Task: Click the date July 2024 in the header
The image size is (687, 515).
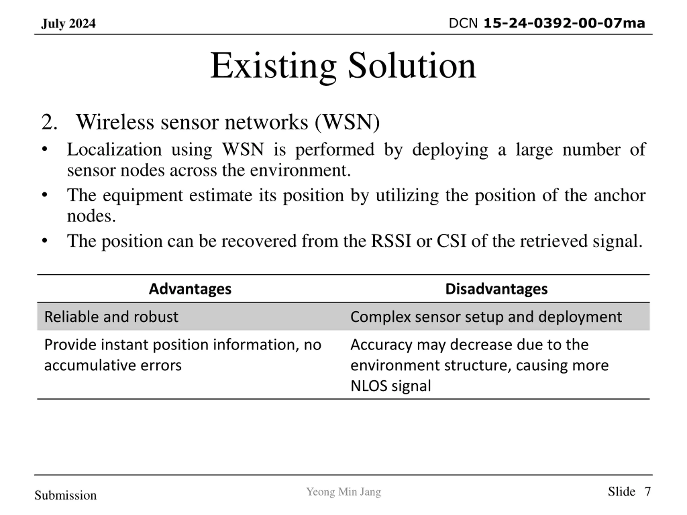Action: pyautogui.click(x=68, y=24)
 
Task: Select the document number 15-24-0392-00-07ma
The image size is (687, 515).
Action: pyautogui.click(x=564, y=23)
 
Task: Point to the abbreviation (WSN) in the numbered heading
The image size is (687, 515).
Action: pyautogui.click(x=347, y=122)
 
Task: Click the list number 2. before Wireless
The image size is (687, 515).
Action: pyautogui.click(x=49, y=122)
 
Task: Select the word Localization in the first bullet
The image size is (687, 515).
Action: pyautogui.click(x=114, y=150)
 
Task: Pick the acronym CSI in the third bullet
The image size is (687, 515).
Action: pyautogui.click(x=451, y=241)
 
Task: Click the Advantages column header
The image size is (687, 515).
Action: pyautogui.click(x=190, y=289)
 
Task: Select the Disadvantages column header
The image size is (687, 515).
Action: pyautogui.click(x=496, y=289)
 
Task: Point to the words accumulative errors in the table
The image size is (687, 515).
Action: pyautogui.click(x=113, y=365)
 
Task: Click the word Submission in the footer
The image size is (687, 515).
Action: pyautogui.click(x=65, y=495)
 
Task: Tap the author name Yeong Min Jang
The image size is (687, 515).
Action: pyautogui.click(x=343, y=492)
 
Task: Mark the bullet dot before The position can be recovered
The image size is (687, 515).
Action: pyautogui.click(x=45, y=241)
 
